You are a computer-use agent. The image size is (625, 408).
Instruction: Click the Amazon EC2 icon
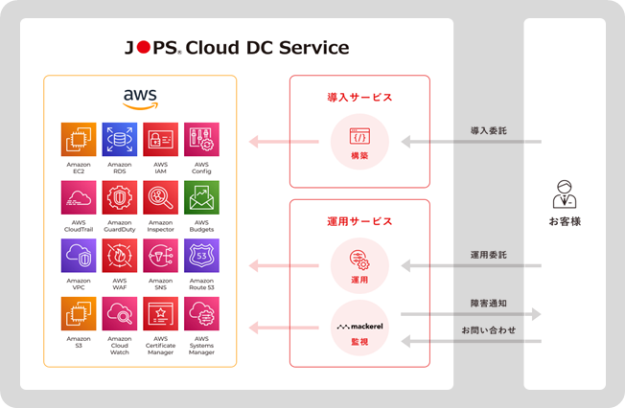[x=79, y=140]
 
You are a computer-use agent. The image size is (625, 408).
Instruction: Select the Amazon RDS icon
[x=120, y=140]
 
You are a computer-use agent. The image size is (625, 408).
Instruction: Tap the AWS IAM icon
[x=160, y=140]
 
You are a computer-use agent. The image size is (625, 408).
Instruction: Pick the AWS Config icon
[x=201, y=140]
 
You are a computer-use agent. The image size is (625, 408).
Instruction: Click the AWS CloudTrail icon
[x=79, y=198]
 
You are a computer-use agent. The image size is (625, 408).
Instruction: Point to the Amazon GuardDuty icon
[x=120, y=198]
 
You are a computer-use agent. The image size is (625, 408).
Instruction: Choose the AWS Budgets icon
[x=201, y=198]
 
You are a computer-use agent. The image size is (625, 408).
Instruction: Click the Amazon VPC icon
[x=79, y=257]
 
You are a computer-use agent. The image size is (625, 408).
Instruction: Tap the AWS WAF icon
[x=120, y=257]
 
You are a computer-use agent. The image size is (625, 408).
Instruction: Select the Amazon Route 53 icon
[x=201, y=257]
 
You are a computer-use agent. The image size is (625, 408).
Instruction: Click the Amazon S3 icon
[x=79, y=314]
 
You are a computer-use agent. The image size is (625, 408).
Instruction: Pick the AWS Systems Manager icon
[x=201, y=314]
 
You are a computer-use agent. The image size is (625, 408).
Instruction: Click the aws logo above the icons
[x=140, y=99]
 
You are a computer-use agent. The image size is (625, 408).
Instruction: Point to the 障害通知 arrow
[x=470, y=313]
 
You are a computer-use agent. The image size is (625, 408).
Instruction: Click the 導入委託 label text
[x=488, y=128]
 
